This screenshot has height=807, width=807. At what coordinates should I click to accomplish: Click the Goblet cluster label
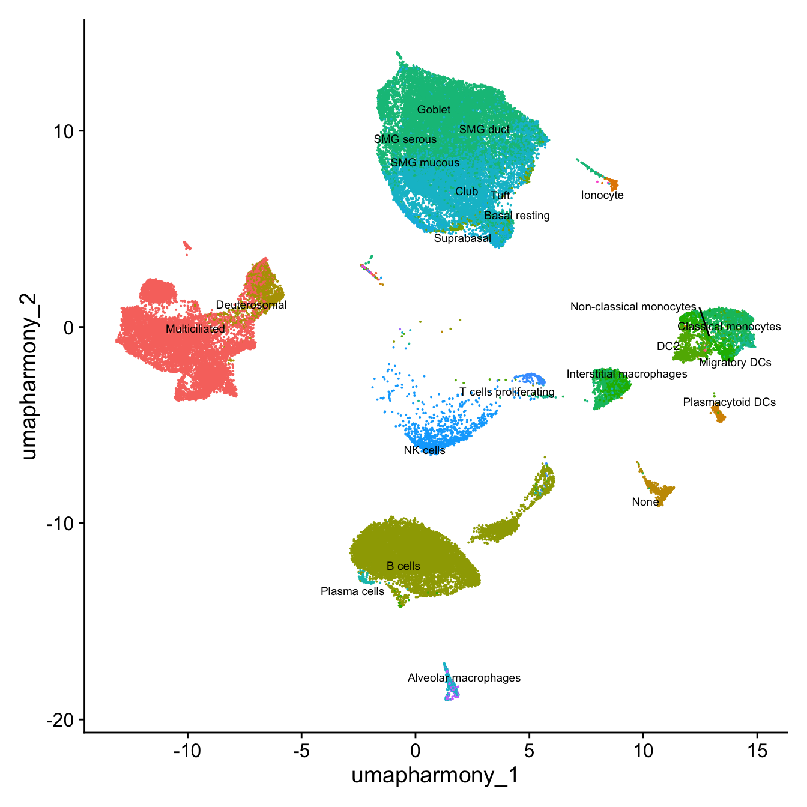[x=434, y=110]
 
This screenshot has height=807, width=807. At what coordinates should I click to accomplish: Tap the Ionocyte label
[x=602, y=195]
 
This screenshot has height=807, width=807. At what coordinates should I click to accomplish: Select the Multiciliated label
[x=195, y=329]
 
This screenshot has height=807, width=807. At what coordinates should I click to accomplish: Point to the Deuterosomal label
[x=251, y=305]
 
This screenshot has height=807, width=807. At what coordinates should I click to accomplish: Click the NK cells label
[x=425, y=450]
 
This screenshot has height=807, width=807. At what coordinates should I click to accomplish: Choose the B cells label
[x=403, y=566]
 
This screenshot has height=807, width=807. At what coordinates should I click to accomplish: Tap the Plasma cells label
[x=352, y=591]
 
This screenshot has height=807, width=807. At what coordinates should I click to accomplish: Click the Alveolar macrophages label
[x=464, y=678]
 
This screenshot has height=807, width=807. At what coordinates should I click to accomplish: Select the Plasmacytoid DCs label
[x=729, y=402]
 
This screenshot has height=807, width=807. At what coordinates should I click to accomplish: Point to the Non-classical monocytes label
[x=633, y=307]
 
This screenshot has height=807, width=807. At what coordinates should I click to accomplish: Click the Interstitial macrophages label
[x=627, y=374]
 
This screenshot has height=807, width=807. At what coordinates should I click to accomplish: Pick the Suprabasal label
[x=462, y=238]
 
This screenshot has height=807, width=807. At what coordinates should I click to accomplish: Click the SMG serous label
[x=405, y=139]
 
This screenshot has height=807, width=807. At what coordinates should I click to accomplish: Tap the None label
[x=645, y=502]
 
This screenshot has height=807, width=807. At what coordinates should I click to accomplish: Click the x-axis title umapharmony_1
[x=435, y=776]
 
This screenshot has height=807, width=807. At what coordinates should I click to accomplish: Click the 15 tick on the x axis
[x=757, y=751]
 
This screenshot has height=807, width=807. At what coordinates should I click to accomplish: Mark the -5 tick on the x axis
[x=301, y=751]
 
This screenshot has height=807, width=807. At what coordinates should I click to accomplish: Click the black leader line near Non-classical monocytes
[x=704, y=321]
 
